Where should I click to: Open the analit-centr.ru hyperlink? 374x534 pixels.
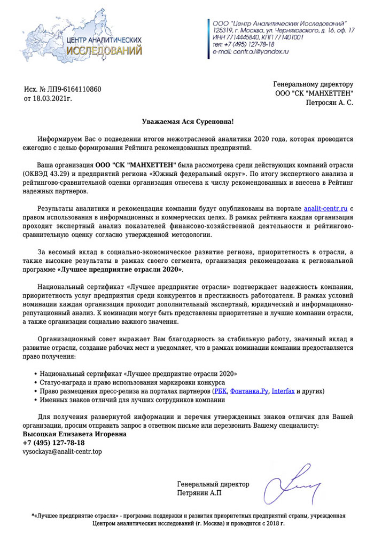(x=326, y=208)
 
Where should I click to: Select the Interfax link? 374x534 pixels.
(x=283, y=391)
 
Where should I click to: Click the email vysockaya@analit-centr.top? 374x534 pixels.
(x=62, y=452)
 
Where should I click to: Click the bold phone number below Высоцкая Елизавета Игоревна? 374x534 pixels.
(x=53, y=443)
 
